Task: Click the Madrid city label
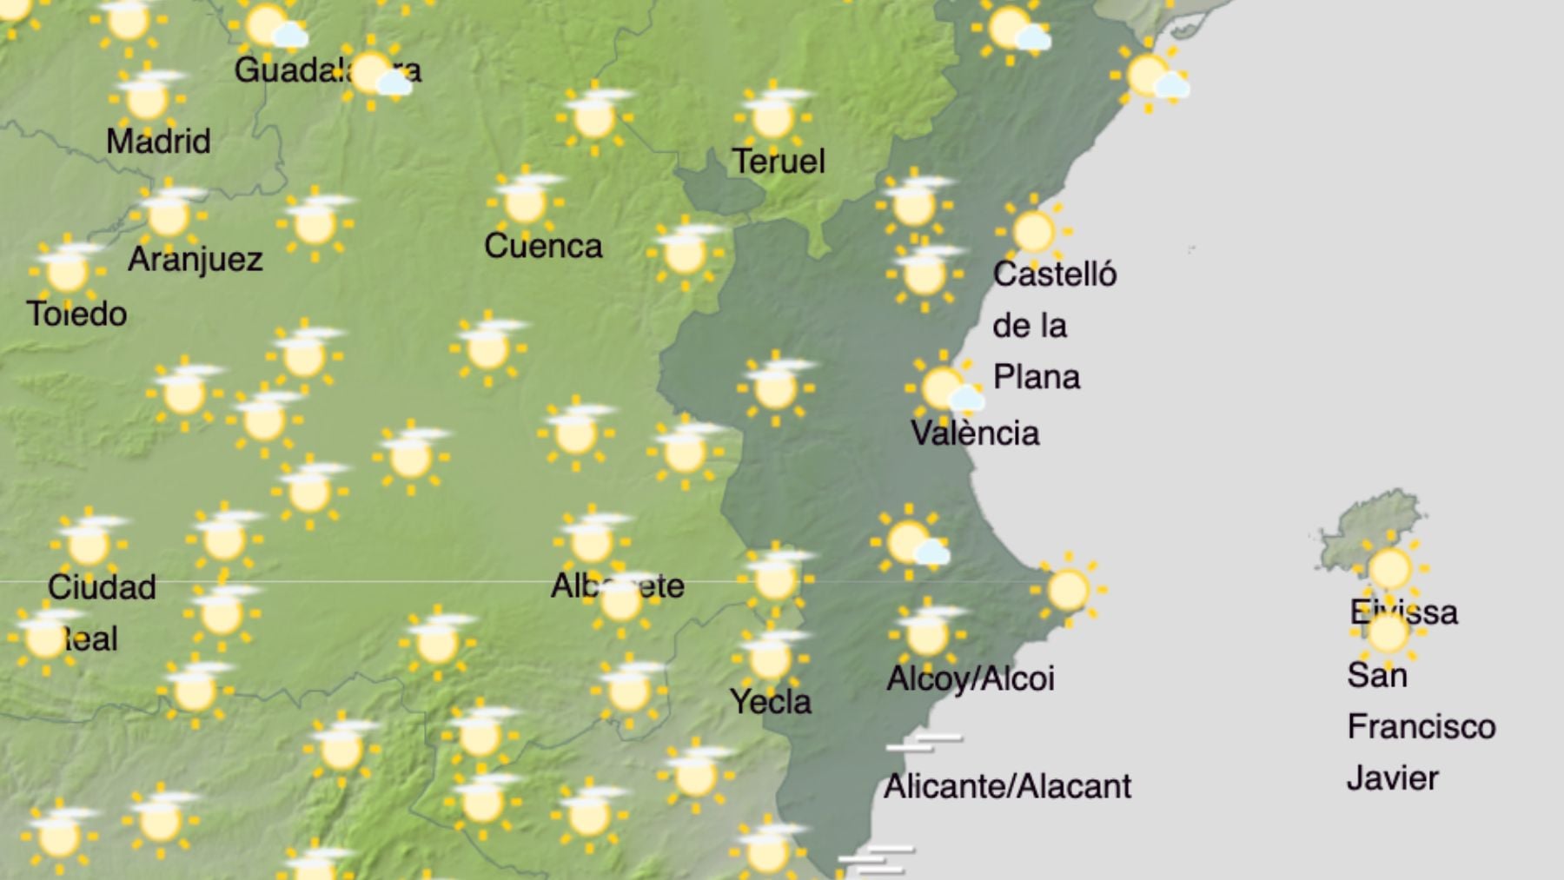pos(158,141)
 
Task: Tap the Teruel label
pos(779,161)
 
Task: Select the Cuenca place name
pos(543,246)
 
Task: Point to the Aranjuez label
pos(195,259)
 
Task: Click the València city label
pos(975,433)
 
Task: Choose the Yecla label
pos(771,701)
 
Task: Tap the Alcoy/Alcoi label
pos(971,678)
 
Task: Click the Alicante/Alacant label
pos(1008,786)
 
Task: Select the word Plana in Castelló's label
pos(1037,377)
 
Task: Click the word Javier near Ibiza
pos(1393,777)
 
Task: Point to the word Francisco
pos(1422,726)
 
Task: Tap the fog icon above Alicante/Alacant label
pos(924,743)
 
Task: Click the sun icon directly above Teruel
pos(772,115)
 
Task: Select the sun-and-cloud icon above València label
pos(944,389)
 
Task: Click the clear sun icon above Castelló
pos(1033,231)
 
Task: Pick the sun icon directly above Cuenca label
pos(524,202)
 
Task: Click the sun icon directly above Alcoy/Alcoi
pos(926,632)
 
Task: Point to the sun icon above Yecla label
pos(769,658)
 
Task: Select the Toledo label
pos(76,314)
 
